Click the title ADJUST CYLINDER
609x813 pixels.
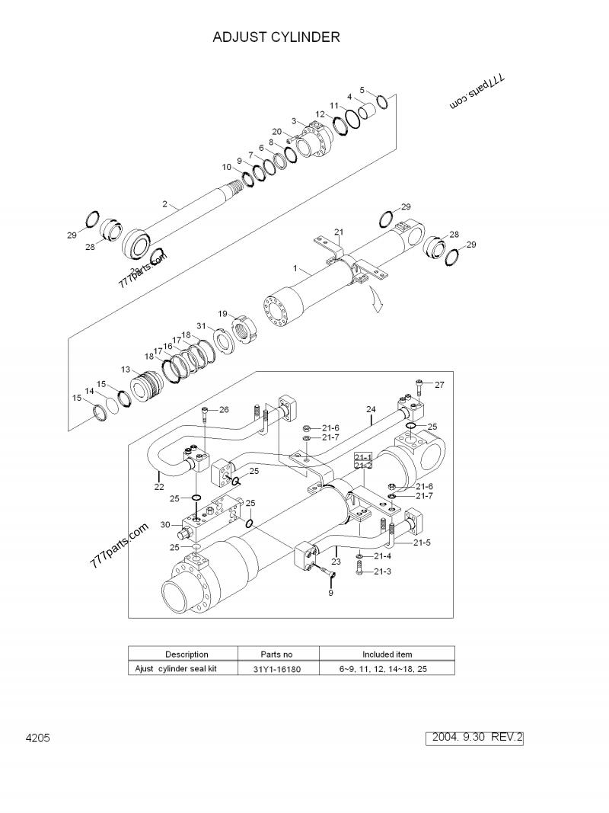coord(276,37)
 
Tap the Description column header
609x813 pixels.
coord(187,654)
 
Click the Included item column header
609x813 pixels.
coord(387,654)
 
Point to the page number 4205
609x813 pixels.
coord(37,738)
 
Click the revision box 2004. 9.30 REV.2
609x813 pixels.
coord(478,738)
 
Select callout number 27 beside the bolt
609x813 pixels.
coord(439,385)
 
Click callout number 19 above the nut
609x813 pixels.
coord(223,314)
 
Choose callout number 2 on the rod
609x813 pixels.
coord(164,203)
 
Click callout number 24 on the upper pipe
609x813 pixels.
coord(371,409)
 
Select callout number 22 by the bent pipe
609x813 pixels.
coord(159,487)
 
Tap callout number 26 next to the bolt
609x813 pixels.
coord(224,410)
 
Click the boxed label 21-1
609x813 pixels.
coord(363,456)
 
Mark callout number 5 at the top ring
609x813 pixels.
coord(362,89)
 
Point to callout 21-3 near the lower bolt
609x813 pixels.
coord(383,571)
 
